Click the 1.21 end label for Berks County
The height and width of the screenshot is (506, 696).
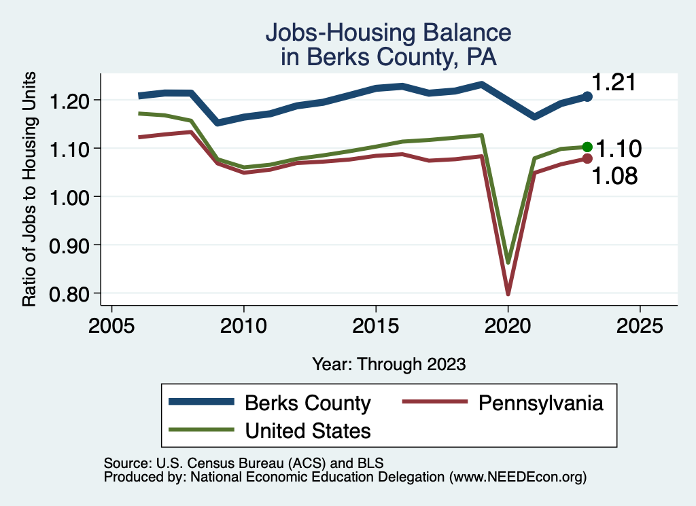tap(613, 82)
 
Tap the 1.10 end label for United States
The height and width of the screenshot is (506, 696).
tap(619, 148)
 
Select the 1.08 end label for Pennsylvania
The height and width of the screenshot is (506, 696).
tap(614, 176)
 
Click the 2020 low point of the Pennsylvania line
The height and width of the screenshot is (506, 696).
tap(508, 293)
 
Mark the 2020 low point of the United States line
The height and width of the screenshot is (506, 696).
tap(508, 261)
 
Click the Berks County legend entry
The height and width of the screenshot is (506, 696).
tap(307, 403)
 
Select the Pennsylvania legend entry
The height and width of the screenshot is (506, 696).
tap(540, 403)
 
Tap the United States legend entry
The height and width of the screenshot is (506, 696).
tap(307, 430)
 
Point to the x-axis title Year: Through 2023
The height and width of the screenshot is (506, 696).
tap(389, 364)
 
